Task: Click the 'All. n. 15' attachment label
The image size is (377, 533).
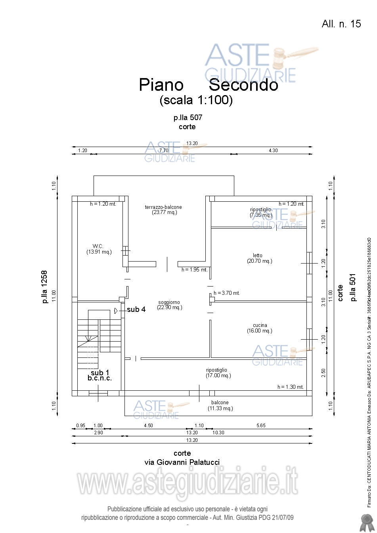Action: click(x=341, y=24)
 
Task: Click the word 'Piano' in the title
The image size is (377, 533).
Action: click(x=161, y=85)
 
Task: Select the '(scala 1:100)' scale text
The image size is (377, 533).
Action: click(x=196, y=100)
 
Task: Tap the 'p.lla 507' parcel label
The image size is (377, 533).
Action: click(x=188, y=118)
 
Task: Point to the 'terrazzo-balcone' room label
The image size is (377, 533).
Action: click(x=163, y=207)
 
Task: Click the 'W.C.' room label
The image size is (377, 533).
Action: click(x=98, y=246)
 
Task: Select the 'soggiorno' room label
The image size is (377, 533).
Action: click(x=169, y=302)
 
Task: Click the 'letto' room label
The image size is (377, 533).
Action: click(x=258, y=256)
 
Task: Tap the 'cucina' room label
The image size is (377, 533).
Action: click(x=260, y=325)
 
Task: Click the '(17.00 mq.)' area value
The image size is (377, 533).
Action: click(x=218, y=376)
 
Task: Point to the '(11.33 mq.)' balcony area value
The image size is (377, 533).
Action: click(x=220, y=409)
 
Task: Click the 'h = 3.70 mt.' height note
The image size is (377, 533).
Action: click(x=227, y=293)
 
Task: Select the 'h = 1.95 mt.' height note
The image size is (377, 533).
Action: click(x=194, y=270)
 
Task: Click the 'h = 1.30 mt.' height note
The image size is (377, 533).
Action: click(x=290, y=387)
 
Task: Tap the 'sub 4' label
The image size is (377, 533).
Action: click(x=136, y=309)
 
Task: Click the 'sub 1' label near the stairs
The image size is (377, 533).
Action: click(x=100, y=373)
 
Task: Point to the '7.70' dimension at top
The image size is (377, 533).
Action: click(x=164, y=151)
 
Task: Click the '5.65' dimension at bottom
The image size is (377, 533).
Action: click(x=261, y=426)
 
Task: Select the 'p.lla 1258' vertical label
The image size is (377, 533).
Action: click(x=44, y=287)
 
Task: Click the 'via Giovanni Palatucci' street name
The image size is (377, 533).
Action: click(x=182, y=462)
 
